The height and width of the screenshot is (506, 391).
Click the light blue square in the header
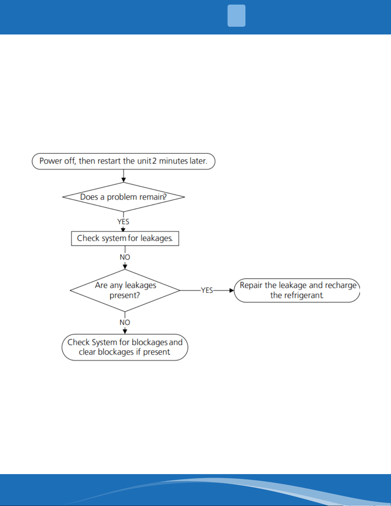pos(236,16)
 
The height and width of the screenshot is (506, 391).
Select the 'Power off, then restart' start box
pos(124,161)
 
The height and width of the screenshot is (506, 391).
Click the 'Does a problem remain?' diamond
pos(124,197)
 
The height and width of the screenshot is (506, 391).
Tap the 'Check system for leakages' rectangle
pos(125,238)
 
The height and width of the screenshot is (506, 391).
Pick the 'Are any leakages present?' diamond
pos(125,290)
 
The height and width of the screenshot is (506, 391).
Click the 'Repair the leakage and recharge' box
pos(297,290)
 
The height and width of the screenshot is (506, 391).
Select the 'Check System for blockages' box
pos(125,347)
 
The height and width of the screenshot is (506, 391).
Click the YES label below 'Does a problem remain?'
pos(123,222)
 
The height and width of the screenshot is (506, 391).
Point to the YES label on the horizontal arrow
pos(207,290)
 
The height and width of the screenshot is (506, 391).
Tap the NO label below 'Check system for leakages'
pos(125,257)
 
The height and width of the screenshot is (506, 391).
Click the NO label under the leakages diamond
pos(125,322)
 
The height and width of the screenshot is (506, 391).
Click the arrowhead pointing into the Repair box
pos(232,290)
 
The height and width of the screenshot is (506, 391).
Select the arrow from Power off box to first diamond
pos(124,176)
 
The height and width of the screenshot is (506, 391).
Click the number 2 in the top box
pos(154,161)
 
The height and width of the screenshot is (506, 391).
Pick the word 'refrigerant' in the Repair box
pos(297,295)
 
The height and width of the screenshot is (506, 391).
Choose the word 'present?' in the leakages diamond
pos(125,295)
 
